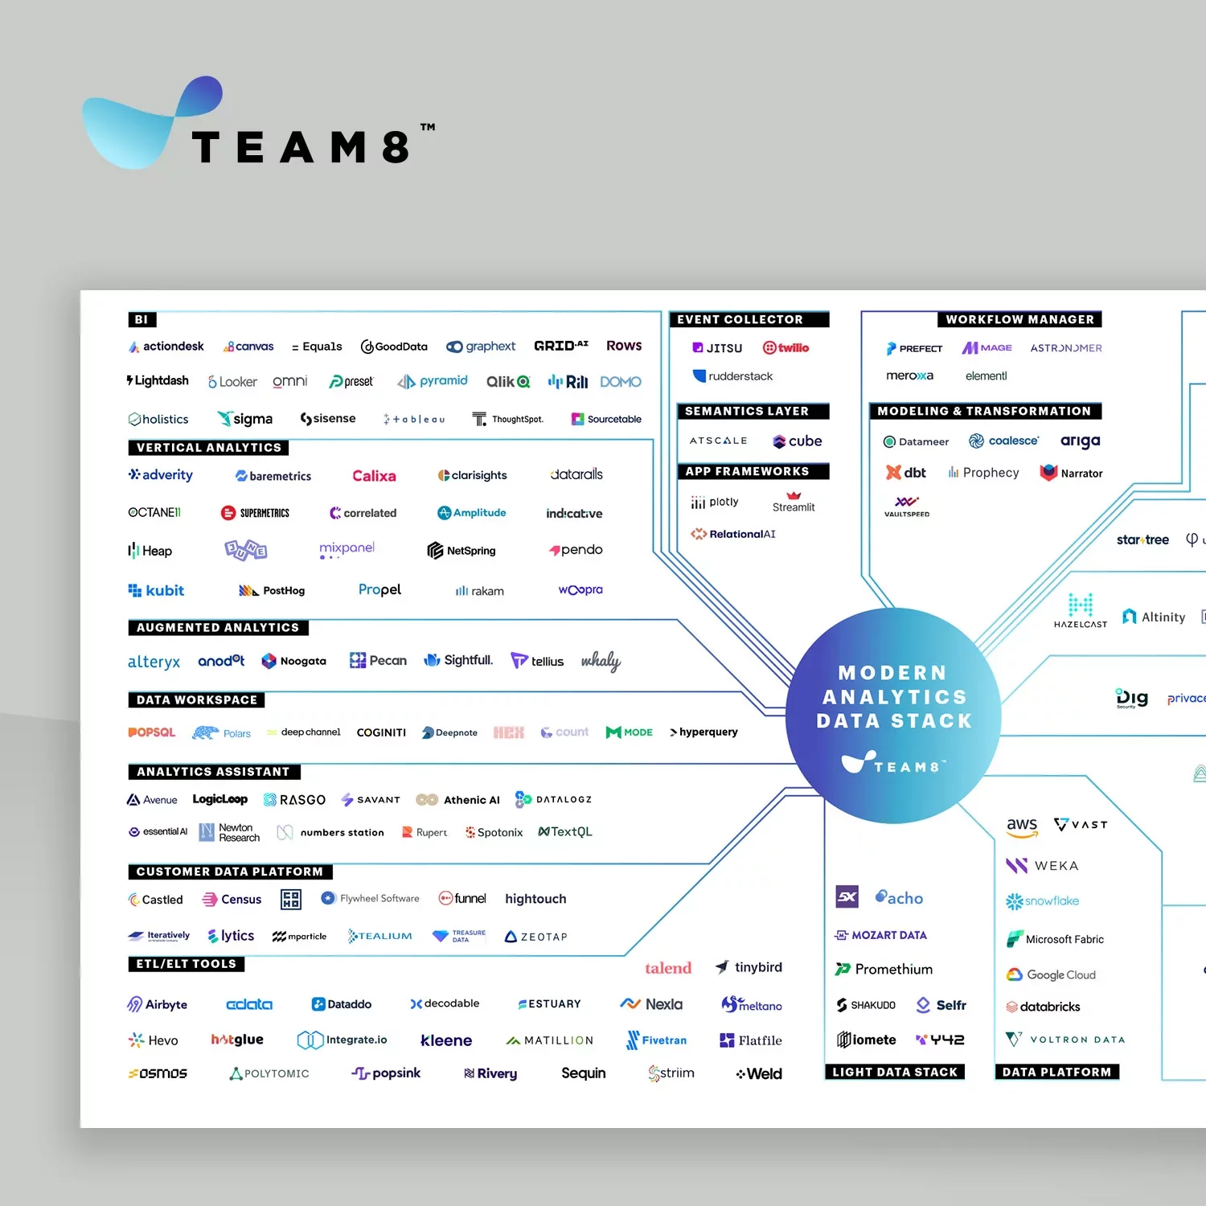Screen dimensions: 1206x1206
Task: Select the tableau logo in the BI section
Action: [414, 419]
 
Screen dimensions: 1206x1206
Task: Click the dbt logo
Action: [906, 473]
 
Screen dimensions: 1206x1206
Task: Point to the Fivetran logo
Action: [656, 1040]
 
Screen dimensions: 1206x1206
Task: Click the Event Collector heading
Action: [740, 319]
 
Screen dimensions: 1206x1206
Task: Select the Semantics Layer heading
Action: [746, 411]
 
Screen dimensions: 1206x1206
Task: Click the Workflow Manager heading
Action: [1019, 319]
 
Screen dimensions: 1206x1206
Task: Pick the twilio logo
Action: [786, 348]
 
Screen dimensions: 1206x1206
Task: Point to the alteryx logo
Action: [154, 662]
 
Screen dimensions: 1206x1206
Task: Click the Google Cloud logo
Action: [1051, 974]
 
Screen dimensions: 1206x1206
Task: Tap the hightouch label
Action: [535, 899]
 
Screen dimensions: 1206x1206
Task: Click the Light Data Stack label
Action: [895, 1072]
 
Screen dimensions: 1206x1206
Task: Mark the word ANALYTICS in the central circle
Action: [894, 697]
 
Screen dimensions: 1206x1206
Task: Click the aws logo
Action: [1022, 826]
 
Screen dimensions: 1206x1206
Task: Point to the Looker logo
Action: [232, 382]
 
